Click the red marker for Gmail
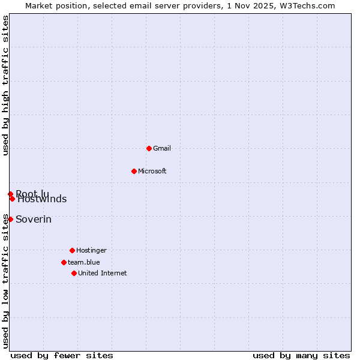click(x=149, y=148)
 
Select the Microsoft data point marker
click(x=134, y=171)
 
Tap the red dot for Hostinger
click(x=72, y=250)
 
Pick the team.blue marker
click(x=64, y=262)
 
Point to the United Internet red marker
click(x=74, y=273)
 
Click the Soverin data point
click(x=10, y=219)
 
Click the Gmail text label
click(x=162, y=148)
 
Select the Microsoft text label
click(x=152, y=171)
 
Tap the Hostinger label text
click(x=91, y=250)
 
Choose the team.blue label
click(x=84, y=262)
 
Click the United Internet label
click(x=103, y=273)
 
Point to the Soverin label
click(x=34, y=219)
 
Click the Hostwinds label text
click(x=42, y=199)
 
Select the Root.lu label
click(x=32, y=193)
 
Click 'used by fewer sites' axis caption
click(x=62, y=355)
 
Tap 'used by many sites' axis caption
click(x=301, y=355)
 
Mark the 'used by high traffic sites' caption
click(x=6, y=85)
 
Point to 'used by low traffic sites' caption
click(x=6, y=281)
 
